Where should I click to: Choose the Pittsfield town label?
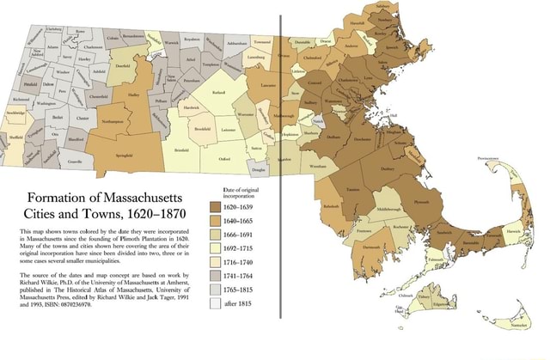pyautogui.click(x=32, y=86)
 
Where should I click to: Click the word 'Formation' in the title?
pyautogui.click(x=58, y=196)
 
